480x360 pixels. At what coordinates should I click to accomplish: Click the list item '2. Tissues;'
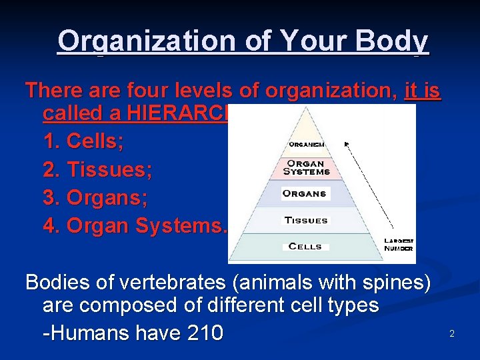97,171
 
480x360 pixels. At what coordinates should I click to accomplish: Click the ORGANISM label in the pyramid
307,144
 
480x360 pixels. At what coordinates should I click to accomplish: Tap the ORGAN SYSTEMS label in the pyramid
307,167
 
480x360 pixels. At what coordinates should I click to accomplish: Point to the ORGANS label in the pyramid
305,194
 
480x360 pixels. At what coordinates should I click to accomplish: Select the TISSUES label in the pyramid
306,220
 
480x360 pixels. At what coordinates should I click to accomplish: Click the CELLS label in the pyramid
305,247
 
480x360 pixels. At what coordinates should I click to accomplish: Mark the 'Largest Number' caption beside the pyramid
399,244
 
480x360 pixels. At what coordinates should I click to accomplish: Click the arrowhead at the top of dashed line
347,143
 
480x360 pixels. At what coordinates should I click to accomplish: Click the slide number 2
451,333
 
